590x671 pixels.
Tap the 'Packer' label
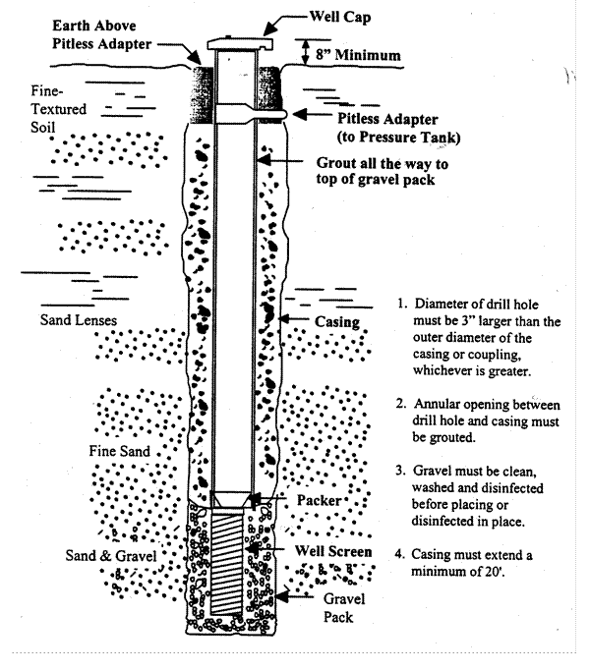pyautogui.click(x=319, y=500)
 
